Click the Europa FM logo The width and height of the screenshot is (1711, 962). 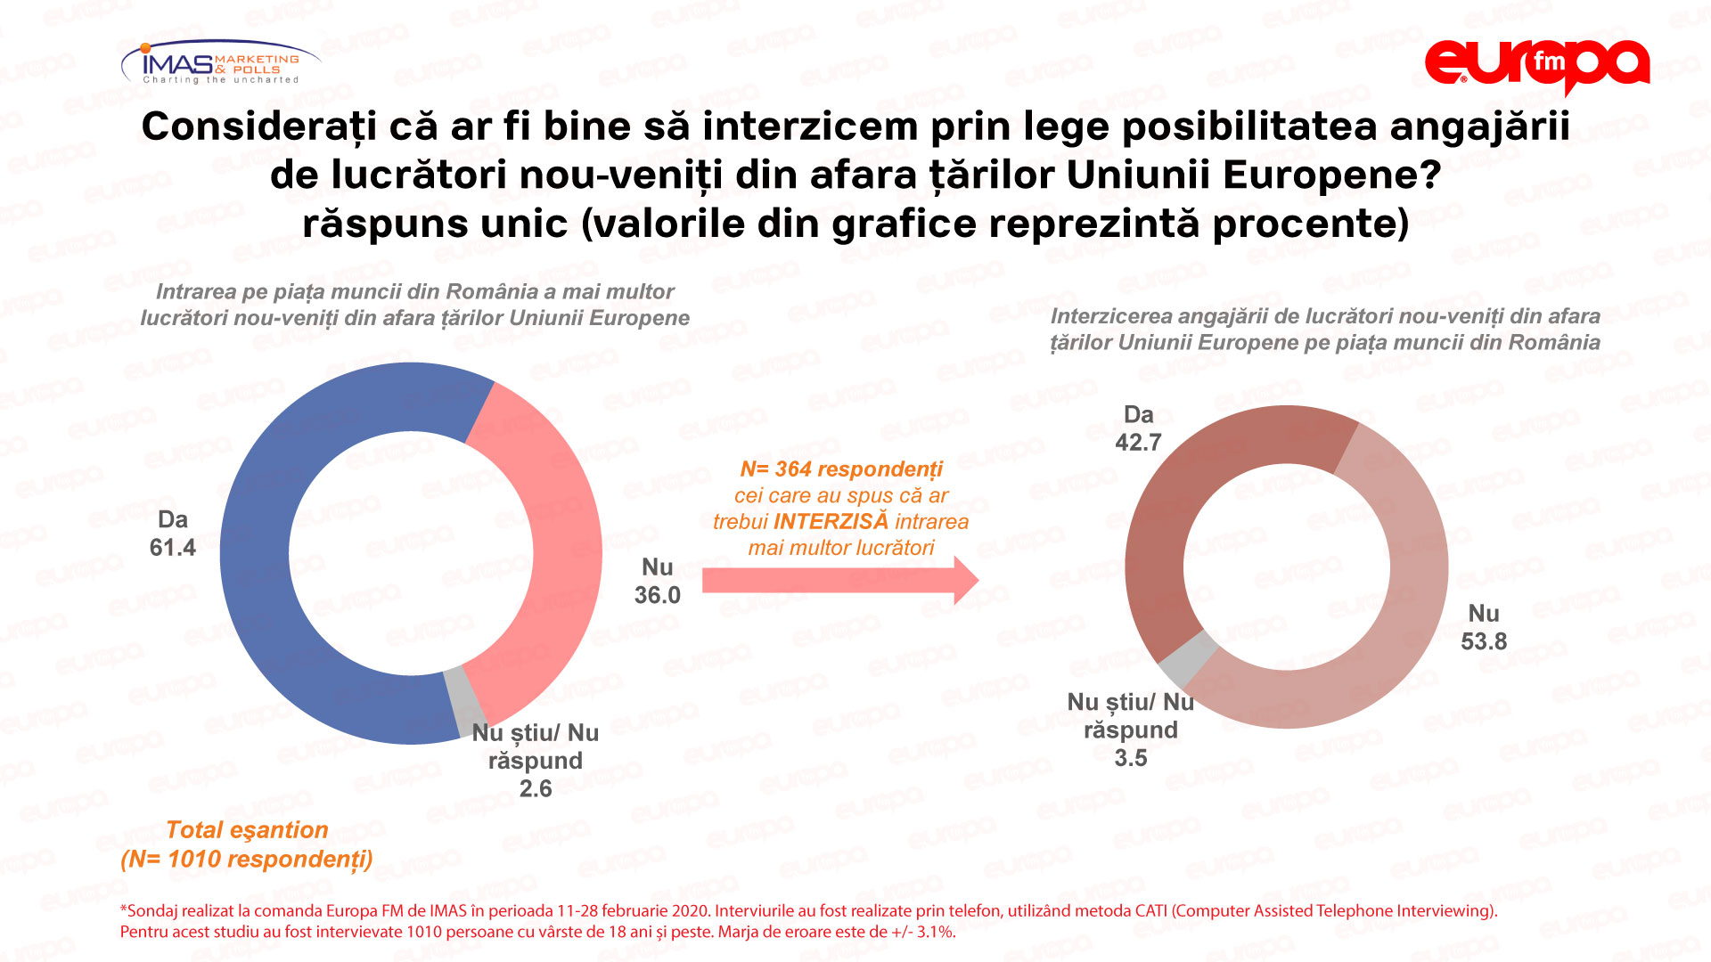pyautogui.click(x=1536, y=64)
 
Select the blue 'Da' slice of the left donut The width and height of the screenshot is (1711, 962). pyautogui.click(x=258, y=570)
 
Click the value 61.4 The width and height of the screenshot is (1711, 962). pyautogui.click(x=172, y=548)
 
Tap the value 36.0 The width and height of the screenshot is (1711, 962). pyautogui.click(x=657, y=595)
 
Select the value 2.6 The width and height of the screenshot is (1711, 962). pyautogui.click(x=536, y=789)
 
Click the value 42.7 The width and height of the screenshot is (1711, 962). pyautogui.click(x=1138, y=443)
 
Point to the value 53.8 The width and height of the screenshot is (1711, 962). pyautogui.click(x=1483, y=641)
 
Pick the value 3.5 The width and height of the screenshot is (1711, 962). pyautogui.click(x=1130, y=759)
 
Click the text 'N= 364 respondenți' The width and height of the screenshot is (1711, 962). pyautogui.click(x=840, y=469)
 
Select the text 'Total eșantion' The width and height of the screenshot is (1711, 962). pyautogui.click(x=247, y=830)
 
